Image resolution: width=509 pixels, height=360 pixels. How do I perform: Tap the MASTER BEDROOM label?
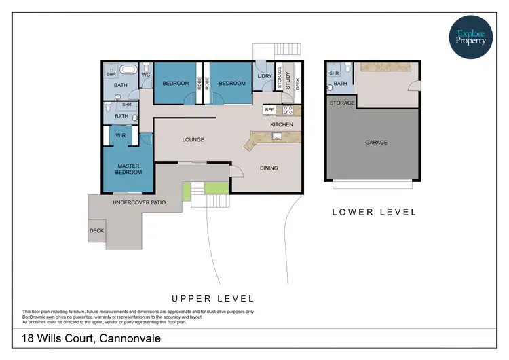coord(129,169)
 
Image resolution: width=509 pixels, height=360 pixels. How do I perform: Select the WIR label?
coord(121,136)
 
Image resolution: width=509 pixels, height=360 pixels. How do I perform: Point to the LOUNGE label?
coord(193,140)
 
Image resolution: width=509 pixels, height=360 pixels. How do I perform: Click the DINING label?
coord(269,168)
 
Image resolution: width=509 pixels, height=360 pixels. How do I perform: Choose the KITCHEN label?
coord(282,125)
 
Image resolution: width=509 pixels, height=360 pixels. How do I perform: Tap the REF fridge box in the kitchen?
coord(269,109)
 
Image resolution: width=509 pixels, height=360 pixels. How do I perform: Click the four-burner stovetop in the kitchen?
coord(287,109)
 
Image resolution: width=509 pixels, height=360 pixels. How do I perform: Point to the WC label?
coord(146,74)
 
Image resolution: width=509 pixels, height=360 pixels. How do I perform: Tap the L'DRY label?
coord(265,76)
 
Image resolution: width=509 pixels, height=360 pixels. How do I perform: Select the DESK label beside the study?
coord(297,85)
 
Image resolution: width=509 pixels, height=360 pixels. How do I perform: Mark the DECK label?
coord(96,230)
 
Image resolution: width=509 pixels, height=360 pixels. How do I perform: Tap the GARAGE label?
coord(376,143)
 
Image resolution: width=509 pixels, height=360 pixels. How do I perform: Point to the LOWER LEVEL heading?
coord(374,212)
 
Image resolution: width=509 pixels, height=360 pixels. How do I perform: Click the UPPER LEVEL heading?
coord(212,298)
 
